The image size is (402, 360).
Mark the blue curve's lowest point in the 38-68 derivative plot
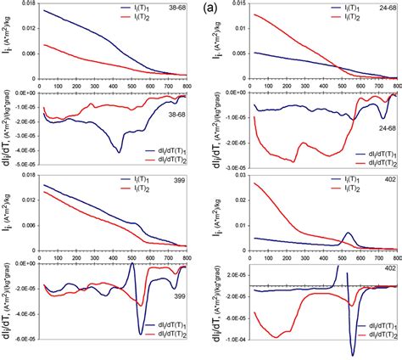click(x=120, y=151)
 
